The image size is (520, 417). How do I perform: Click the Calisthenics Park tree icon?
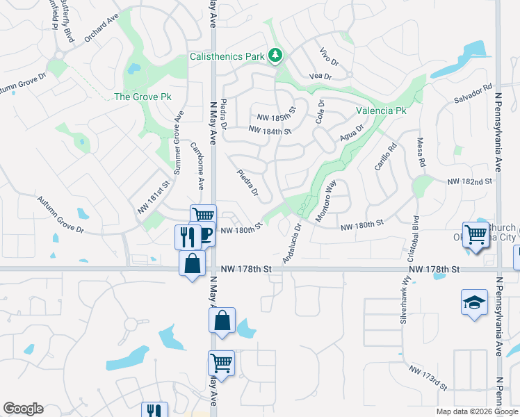pos(276,55)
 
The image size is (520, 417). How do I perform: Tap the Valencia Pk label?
pos(381,111)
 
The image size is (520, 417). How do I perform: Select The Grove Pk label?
pos(143,97)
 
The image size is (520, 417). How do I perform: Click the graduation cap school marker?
pos(474,302)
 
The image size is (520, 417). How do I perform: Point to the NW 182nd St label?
pos(470,181)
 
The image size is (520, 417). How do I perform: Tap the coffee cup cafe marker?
pos(205,235)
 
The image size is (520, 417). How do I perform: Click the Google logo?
pos(23,409)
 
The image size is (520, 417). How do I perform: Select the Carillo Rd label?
pos(387,158)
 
